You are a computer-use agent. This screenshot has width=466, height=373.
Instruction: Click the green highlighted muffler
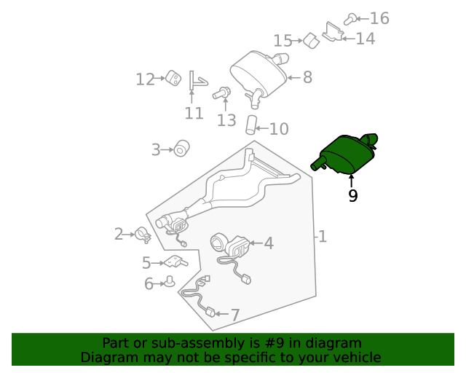tap(344, 154)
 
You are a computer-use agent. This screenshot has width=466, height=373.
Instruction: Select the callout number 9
tap(352, 196)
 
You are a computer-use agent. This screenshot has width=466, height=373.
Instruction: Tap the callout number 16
tap(379, 18)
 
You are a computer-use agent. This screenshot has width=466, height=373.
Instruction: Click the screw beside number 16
tap(350, 19)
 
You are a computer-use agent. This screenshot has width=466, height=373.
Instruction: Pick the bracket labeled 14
tap(333, 32)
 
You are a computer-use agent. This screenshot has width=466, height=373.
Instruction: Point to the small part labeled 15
tap(311, 41)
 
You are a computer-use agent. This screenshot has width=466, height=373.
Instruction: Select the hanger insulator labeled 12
tap(173, 79)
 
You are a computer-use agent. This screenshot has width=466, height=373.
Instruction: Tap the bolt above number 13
tap(221, 93)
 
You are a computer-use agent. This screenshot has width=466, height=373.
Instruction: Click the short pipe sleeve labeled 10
tap(251, 125)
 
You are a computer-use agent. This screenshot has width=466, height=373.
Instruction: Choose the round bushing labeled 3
tap(181, 149)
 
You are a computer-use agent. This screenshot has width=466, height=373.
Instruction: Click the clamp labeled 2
tap(143, 235)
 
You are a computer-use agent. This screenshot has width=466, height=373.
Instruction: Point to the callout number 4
tap(269, 243)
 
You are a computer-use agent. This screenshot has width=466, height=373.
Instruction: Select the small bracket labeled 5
tap(175, 262)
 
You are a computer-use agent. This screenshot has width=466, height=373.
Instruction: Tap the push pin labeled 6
tap(170, 281)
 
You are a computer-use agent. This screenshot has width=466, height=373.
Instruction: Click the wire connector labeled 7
tap(210, 312)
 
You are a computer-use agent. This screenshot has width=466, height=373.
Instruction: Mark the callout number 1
tap(323, 237)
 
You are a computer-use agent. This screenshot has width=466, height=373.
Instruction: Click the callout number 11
tap(194, 114)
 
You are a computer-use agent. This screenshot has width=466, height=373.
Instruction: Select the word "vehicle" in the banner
tap(360, 358)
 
